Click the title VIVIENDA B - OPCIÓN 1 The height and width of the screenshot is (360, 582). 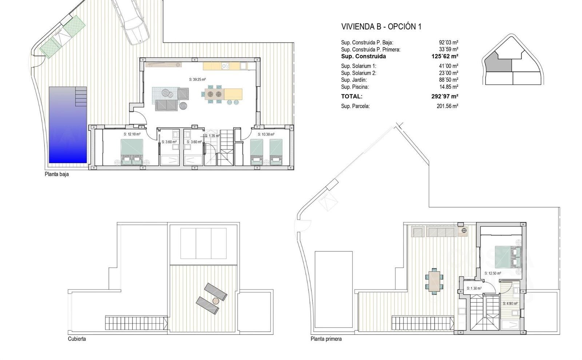381,27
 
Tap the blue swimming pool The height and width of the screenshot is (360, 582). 68,125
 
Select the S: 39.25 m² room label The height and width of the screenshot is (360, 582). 198,80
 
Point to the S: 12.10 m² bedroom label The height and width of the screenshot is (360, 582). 132,134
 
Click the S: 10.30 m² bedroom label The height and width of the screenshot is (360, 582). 266,134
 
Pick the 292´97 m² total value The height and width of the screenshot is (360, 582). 445,96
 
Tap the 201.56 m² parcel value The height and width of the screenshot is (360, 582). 447,106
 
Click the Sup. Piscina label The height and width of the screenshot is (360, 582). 355,87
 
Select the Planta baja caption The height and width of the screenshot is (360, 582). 57,174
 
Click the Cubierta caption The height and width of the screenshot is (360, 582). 77,339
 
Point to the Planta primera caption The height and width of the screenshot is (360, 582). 326,339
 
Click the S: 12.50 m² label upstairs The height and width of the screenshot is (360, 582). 493,273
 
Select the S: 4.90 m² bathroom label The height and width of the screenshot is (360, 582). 510,304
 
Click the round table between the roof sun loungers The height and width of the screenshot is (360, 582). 216,301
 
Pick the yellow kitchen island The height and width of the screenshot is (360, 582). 233,94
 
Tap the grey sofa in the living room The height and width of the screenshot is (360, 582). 167,105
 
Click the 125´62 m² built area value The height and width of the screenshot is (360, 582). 445,56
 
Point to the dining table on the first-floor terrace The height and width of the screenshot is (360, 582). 434,281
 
